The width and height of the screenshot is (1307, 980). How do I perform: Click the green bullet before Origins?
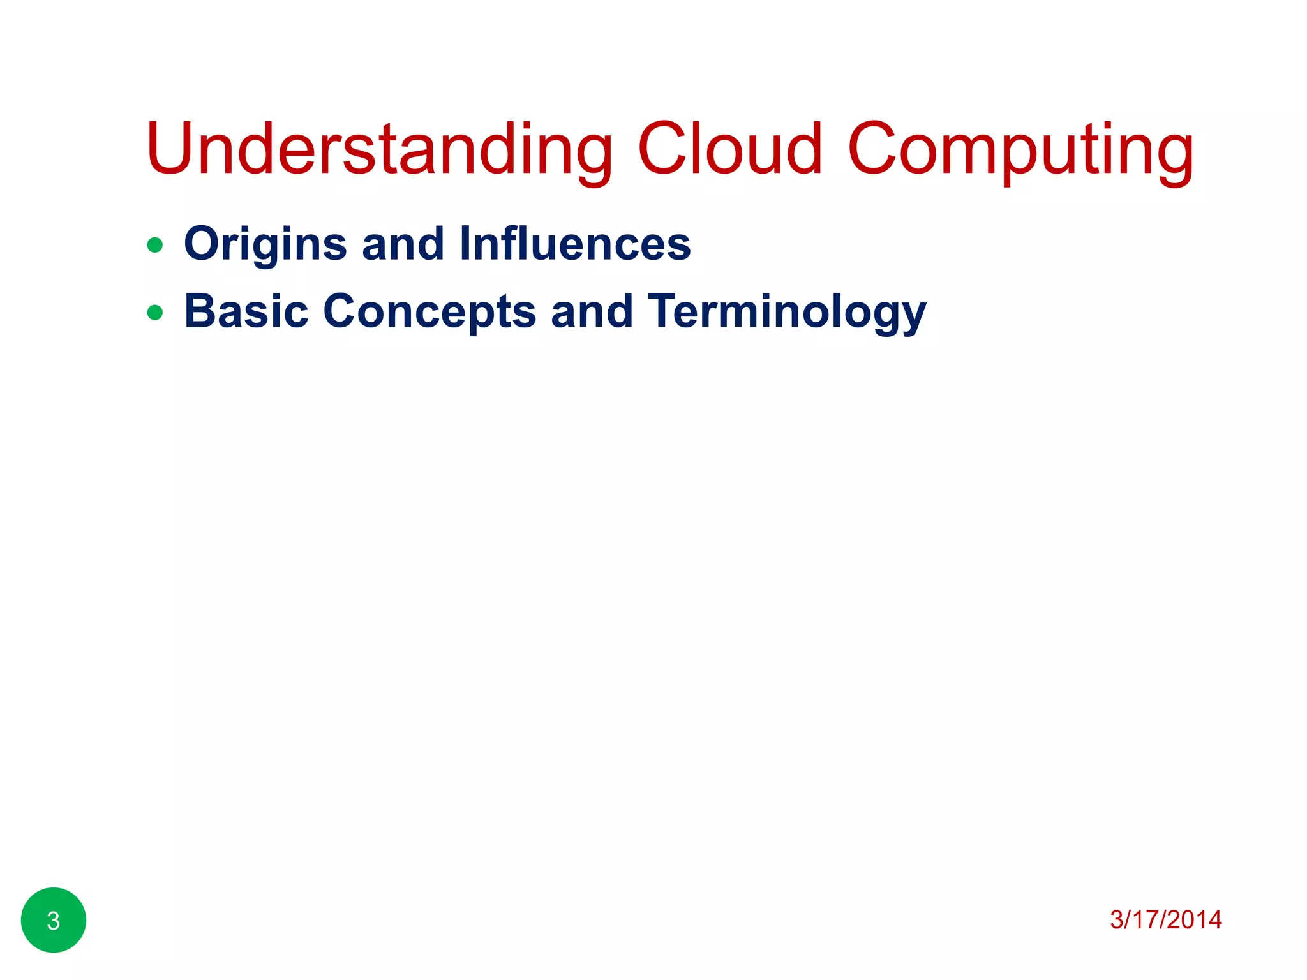point(155,245)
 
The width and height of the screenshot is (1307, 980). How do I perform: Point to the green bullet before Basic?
point(155,313)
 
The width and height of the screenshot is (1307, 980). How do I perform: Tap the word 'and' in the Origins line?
point(403,244)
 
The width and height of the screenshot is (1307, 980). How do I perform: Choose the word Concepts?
point(429,313)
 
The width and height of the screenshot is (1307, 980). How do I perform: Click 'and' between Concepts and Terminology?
point(592,311)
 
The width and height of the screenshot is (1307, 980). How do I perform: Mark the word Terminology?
point(787,313)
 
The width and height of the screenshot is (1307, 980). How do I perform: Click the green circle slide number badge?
point(54,920)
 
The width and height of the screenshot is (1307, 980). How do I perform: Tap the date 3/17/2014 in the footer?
point(1165,919)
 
